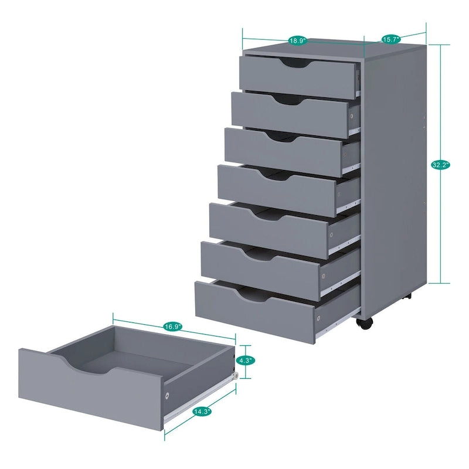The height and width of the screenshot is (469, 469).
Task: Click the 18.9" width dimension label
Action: (296, 41)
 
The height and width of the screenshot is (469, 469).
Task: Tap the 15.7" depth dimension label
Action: (391, 39)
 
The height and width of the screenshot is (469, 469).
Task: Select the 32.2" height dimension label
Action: (440, 165)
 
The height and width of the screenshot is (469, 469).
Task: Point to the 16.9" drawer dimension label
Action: (173, 326)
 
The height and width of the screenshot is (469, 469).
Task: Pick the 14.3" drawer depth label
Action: (202, 412)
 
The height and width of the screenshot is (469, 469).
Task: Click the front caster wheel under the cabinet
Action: (363, 323)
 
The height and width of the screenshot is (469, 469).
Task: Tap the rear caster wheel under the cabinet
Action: (408, 297)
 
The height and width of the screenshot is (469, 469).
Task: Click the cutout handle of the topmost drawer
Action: (296, 63)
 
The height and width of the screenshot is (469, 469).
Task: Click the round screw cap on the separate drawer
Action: (167, 396)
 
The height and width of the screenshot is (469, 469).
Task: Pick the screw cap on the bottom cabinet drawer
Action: (318, 318)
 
